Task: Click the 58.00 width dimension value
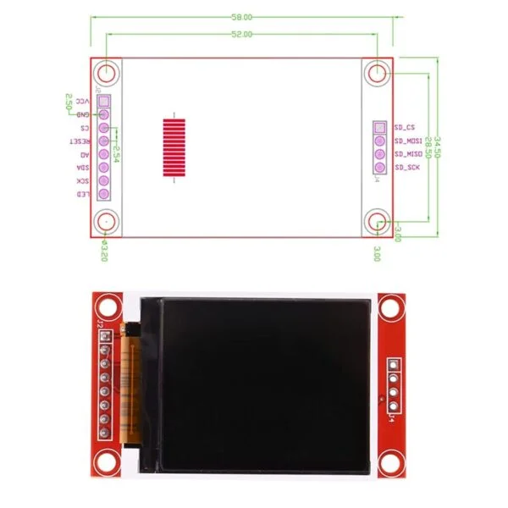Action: pyautogui.click(x=242, y=16)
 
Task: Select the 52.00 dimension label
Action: pyautogui.click(x=242, y=35)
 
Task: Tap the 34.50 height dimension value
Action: pyautogui.click(x=437, y=144)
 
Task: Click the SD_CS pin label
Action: pyautogui.click(x=405, y=127)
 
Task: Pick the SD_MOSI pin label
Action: pyautogui.click(x=408, y=141)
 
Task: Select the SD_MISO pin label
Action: pyautogui.click(x=408, y=154)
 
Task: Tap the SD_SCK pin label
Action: pyautogui.click(x=406, y=168)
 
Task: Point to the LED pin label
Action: pyautogui.click(x=83, y=195)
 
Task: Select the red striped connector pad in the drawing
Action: pyautogui.click(x=173, y=146)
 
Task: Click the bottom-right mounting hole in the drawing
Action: pyautogui.click(x=378, y=223)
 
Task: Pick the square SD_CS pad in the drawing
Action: pyautogui.click(x=378, y=127)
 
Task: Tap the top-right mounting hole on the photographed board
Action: pyautogui.click(x=390, y=309)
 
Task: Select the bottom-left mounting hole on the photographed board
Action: pyautogui.click(x=106, y=461)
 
